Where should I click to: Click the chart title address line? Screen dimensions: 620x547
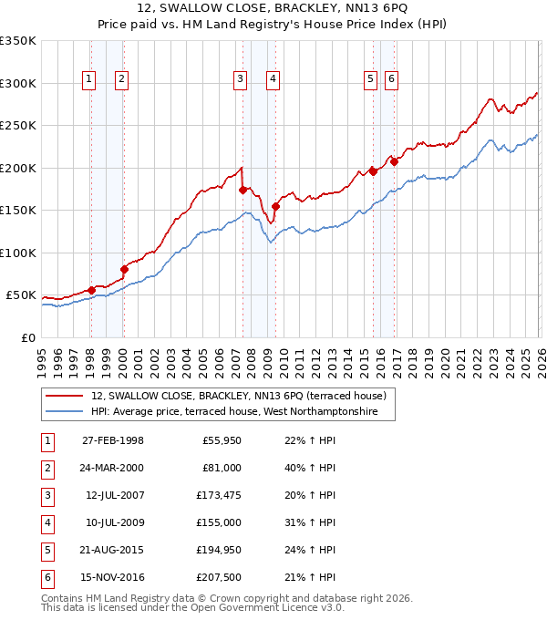click(273, 8)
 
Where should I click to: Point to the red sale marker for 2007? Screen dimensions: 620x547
click(243, 190)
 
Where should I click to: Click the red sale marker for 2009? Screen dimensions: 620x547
click(274, 206)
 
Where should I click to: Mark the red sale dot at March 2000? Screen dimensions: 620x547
click(124, 269)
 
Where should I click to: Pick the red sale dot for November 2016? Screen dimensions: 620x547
click(394, 161)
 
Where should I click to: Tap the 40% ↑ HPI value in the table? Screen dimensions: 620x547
click(304, 469)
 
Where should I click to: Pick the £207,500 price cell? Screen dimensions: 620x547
click(219, 578)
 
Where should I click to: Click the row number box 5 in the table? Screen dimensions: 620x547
click(46, 551)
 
